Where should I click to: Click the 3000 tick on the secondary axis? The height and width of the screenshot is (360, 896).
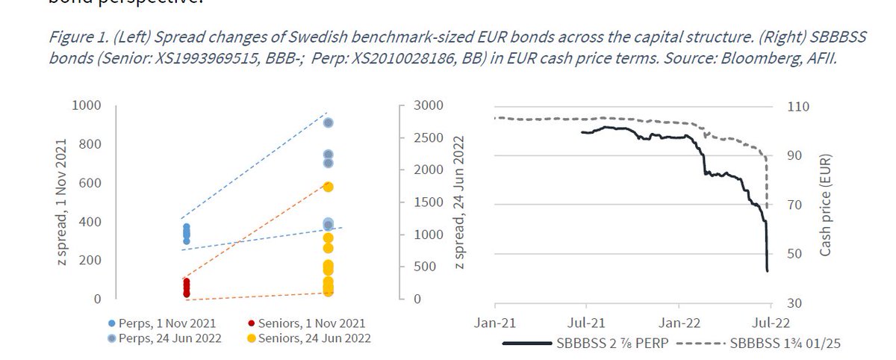click(x=418, y=105)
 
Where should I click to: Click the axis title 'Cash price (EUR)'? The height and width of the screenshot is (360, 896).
click(x=826, y=205)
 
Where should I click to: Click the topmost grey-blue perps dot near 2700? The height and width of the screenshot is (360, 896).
click(x=328, y=122)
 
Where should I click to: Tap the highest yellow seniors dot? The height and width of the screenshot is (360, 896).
click(x=328, y=187)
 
